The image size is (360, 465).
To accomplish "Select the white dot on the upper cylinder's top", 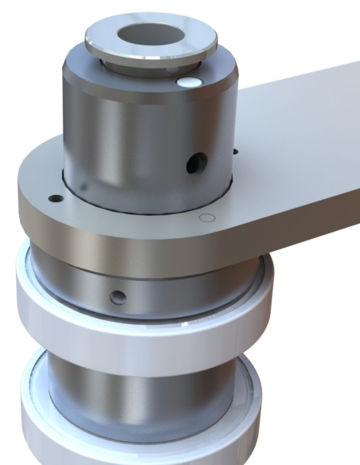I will click(189, 82).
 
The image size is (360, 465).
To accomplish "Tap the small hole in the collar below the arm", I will click(118, 297).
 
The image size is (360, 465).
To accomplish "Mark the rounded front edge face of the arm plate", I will click(159, 255).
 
